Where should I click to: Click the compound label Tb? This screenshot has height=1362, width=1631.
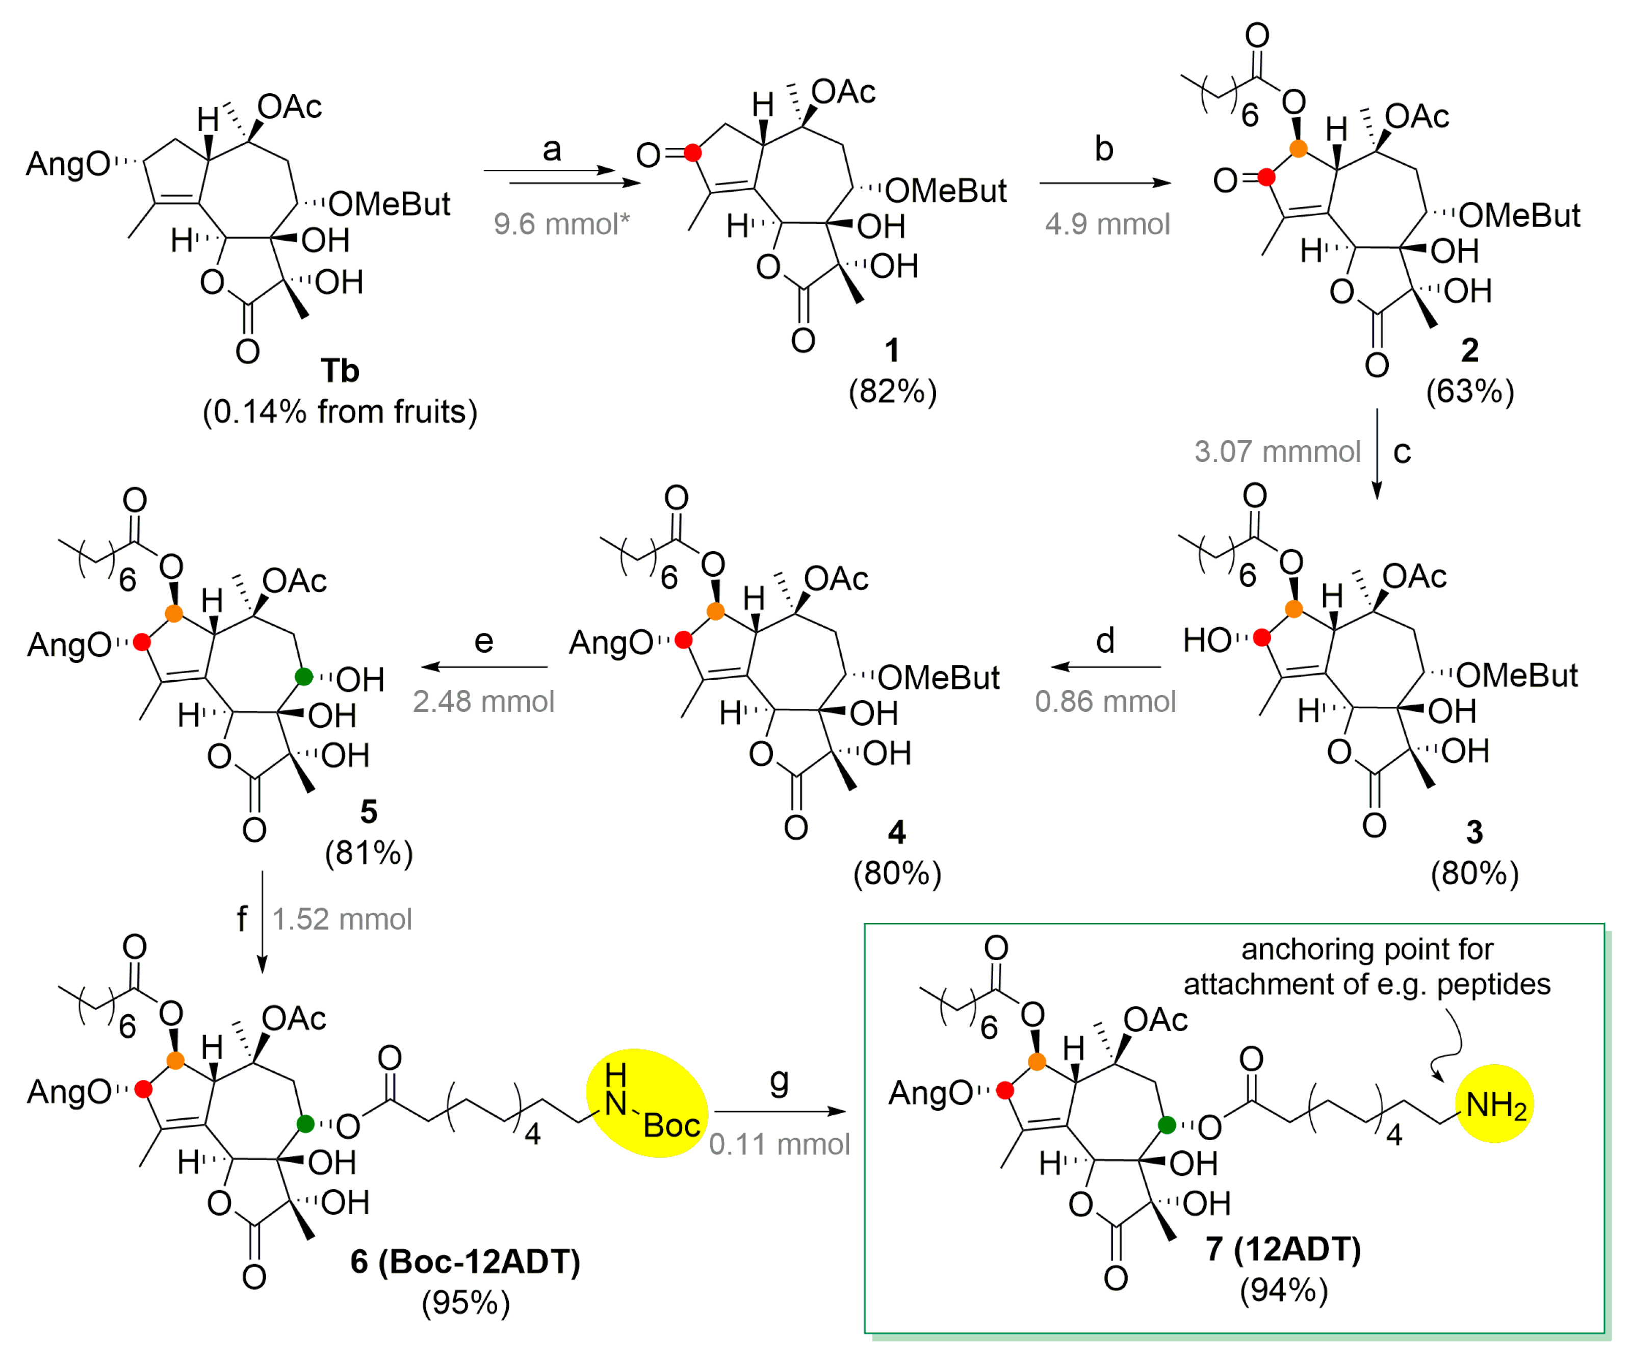click(340, 371)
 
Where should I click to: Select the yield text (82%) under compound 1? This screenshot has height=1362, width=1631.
click(892, 391)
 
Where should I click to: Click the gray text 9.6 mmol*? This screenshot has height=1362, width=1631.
click(561, 224)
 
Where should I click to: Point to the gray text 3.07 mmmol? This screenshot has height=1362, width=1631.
click(1278, 451)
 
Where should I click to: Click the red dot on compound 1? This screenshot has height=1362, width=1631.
click(693, 153)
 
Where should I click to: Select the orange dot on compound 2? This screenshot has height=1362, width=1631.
click(1298, 148)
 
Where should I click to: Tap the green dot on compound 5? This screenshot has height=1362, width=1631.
click(304, 677)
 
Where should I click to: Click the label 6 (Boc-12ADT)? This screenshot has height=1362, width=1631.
click(465, 1261)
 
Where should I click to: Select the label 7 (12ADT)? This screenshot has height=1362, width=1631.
click(1283, 1249)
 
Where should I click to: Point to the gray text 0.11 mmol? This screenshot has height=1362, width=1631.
click(779, 1144)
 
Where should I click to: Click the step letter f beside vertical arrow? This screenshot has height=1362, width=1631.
click(242, 919)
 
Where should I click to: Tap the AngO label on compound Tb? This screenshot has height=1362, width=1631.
click(68, 164)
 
